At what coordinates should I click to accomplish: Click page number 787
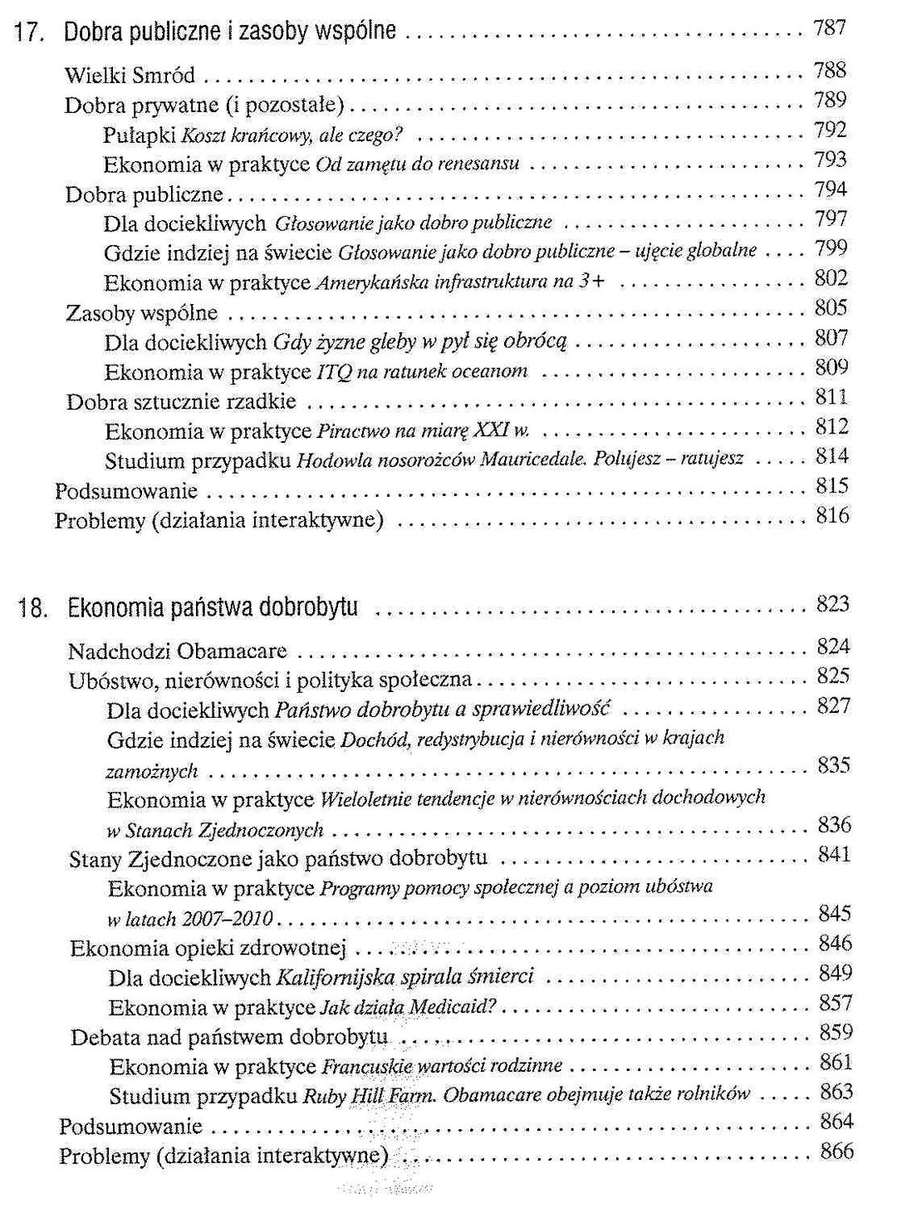[830, 28]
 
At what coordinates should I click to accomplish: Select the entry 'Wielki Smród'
[130, 76]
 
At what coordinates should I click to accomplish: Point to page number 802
[831, 278]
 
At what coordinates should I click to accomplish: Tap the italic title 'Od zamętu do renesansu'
[418, 164]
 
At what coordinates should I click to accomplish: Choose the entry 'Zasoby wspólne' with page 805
[142, 313]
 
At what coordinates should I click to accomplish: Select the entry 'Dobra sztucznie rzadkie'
[181, 402]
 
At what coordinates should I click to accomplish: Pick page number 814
[832, 456]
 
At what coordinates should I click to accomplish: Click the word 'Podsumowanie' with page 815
[126, 491]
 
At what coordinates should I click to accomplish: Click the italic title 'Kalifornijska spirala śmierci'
[404, 977]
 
